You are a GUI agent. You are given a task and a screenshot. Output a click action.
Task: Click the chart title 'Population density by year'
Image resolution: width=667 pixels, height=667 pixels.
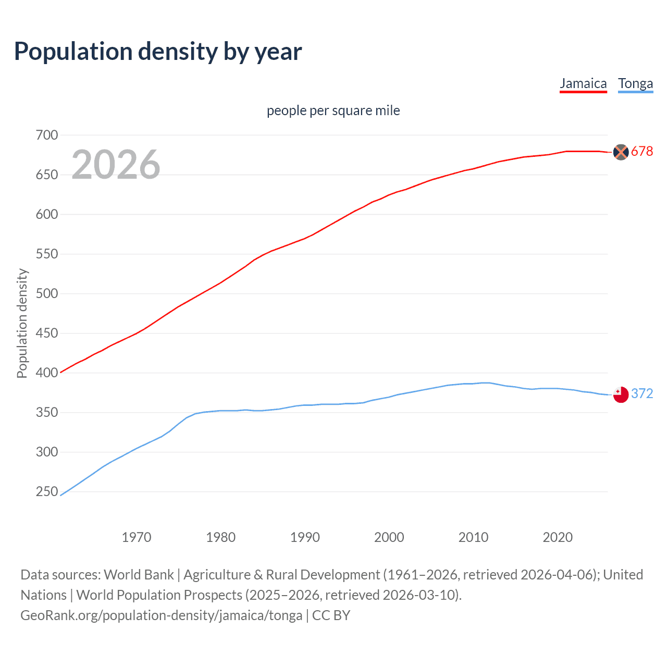[x=158, y=52]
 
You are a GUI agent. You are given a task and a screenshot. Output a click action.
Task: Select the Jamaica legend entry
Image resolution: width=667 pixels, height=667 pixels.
[x=583, y=84]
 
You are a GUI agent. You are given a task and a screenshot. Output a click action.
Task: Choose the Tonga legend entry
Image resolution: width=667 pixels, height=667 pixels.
[x=635, y=84]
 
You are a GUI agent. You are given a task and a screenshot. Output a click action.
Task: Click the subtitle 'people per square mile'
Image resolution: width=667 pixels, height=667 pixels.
[x=333, y=110]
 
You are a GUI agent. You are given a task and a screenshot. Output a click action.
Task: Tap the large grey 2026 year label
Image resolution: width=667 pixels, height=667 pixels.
[x=116, y=165]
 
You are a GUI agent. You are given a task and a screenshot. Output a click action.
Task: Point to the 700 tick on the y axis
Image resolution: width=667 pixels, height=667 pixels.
[x=47, y=135]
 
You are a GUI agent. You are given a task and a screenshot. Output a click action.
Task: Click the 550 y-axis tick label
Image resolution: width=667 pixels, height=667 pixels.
[x=47, y=254]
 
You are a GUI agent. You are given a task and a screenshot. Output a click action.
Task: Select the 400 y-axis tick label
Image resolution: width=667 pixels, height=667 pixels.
[x=47, y=373]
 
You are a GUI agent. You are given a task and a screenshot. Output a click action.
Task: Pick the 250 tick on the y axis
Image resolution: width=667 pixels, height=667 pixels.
[x=47, y=491]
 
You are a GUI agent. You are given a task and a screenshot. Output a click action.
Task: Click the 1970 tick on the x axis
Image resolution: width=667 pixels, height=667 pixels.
[x=137, y=537]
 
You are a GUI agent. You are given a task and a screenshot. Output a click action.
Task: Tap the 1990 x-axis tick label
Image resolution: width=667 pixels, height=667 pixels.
[x=305, y=537]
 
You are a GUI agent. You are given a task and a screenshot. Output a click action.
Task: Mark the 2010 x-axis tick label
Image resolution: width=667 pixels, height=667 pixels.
[x=473, y=537]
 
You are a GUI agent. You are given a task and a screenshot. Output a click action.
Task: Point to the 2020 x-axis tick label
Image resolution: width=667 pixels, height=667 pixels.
[x=558, y=537]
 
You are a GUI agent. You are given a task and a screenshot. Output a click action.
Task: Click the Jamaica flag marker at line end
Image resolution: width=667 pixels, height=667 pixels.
[x=621, y=152]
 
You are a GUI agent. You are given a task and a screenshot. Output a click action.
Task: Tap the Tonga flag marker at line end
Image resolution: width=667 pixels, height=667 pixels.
[x=621, y=394]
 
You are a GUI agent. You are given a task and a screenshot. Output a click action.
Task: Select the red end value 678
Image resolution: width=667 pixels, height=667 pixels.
[x=642, y=152]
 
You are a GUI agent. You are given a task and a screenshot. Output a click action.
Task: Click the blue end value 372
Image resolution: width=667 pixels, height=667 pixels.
[x=642, y=394]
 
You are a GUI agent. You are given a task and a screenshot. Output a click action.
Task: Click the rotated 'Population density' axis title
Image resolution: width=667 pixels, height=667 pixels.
[x=22, y=323]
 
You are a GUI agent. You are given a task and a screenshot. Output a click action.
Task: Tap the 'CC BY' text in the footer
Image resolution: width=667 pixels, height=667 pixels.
[x=331, y=615]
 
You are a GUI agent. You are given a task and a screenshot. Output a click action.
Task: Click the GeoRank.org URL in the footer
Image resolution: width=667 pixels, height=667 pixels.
[x=161, y=615]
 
